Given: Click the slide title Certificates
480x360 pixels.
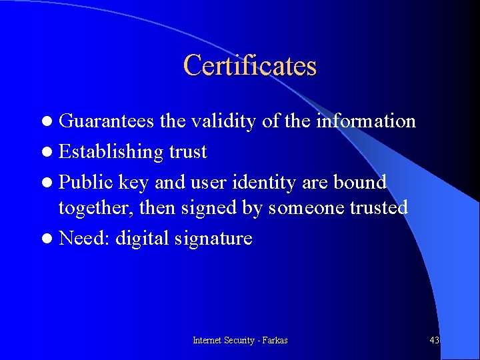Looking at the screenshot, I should (250, 65).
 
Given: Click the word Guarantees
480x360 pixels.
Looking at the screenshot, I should (107, 121).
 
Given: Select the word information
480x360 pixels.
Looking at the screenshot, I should (366, 121).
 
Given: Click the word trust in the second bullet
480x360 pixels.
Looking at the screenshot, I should (188, 152).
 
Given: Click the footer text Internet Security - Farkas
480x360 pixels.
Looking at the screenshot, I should (240, 341).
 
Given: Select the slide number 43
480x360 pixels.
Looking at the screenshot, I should (434, 341).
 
